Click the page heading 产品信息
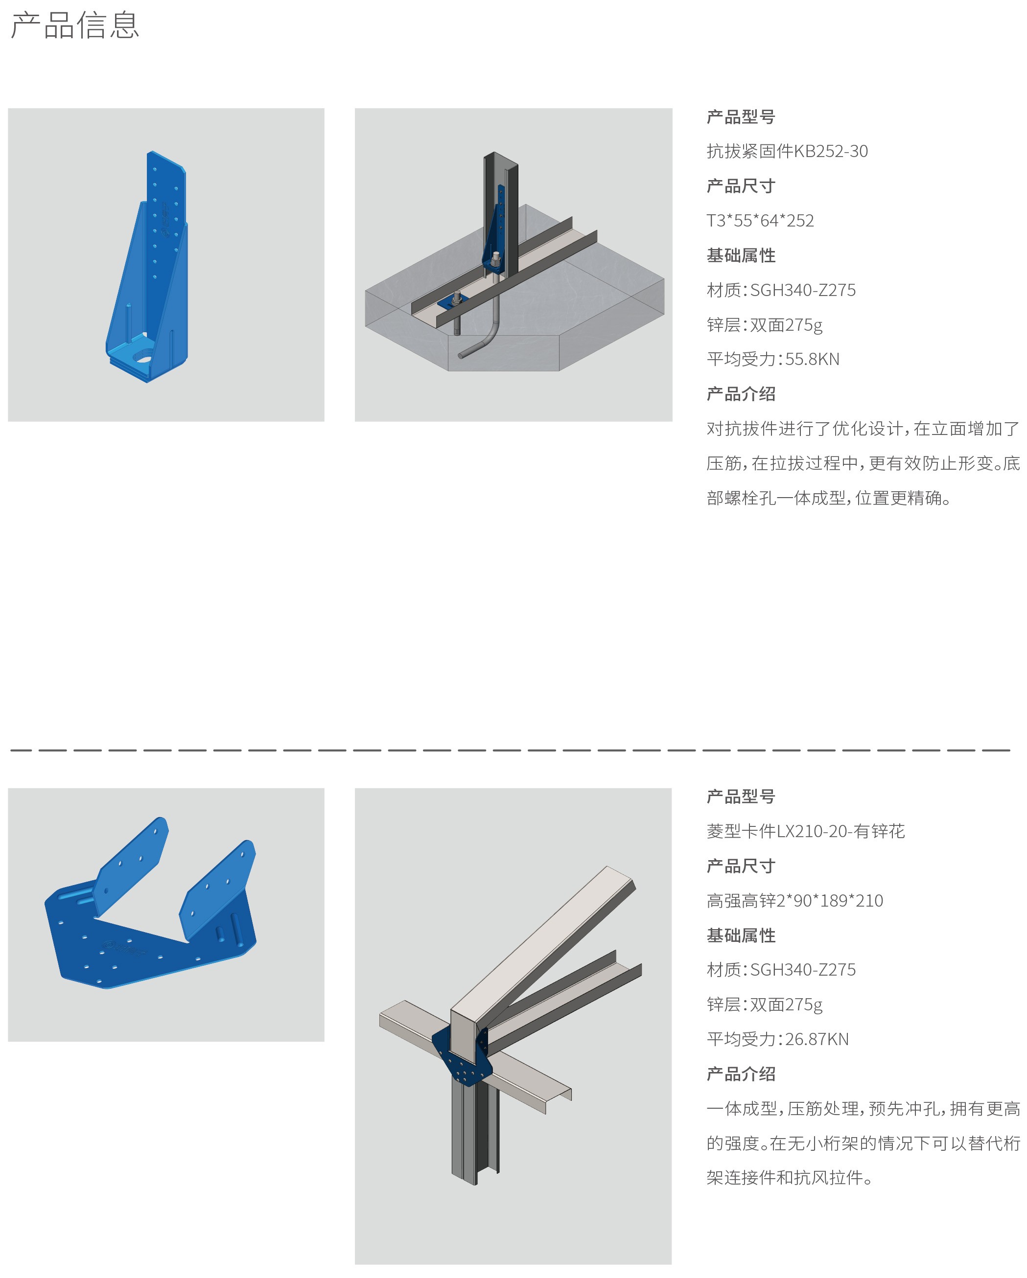[75, 26]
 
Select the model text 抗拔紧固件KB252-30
[787, 152]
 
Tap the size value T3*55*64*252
[760, 221]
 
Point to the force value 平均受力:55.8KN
[772, 359]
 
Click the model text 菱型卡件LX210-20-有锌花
[805, 832]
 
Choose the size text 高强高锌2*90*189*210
[794, 901]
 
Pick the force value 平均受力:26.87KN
[777, 1039]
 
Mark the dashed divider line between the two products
[510, 751]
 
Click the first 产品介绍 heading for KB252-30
[741, 394]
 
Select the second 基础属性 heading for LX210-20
[741, 936]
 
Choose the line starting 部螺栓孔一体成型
[828, 498]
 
